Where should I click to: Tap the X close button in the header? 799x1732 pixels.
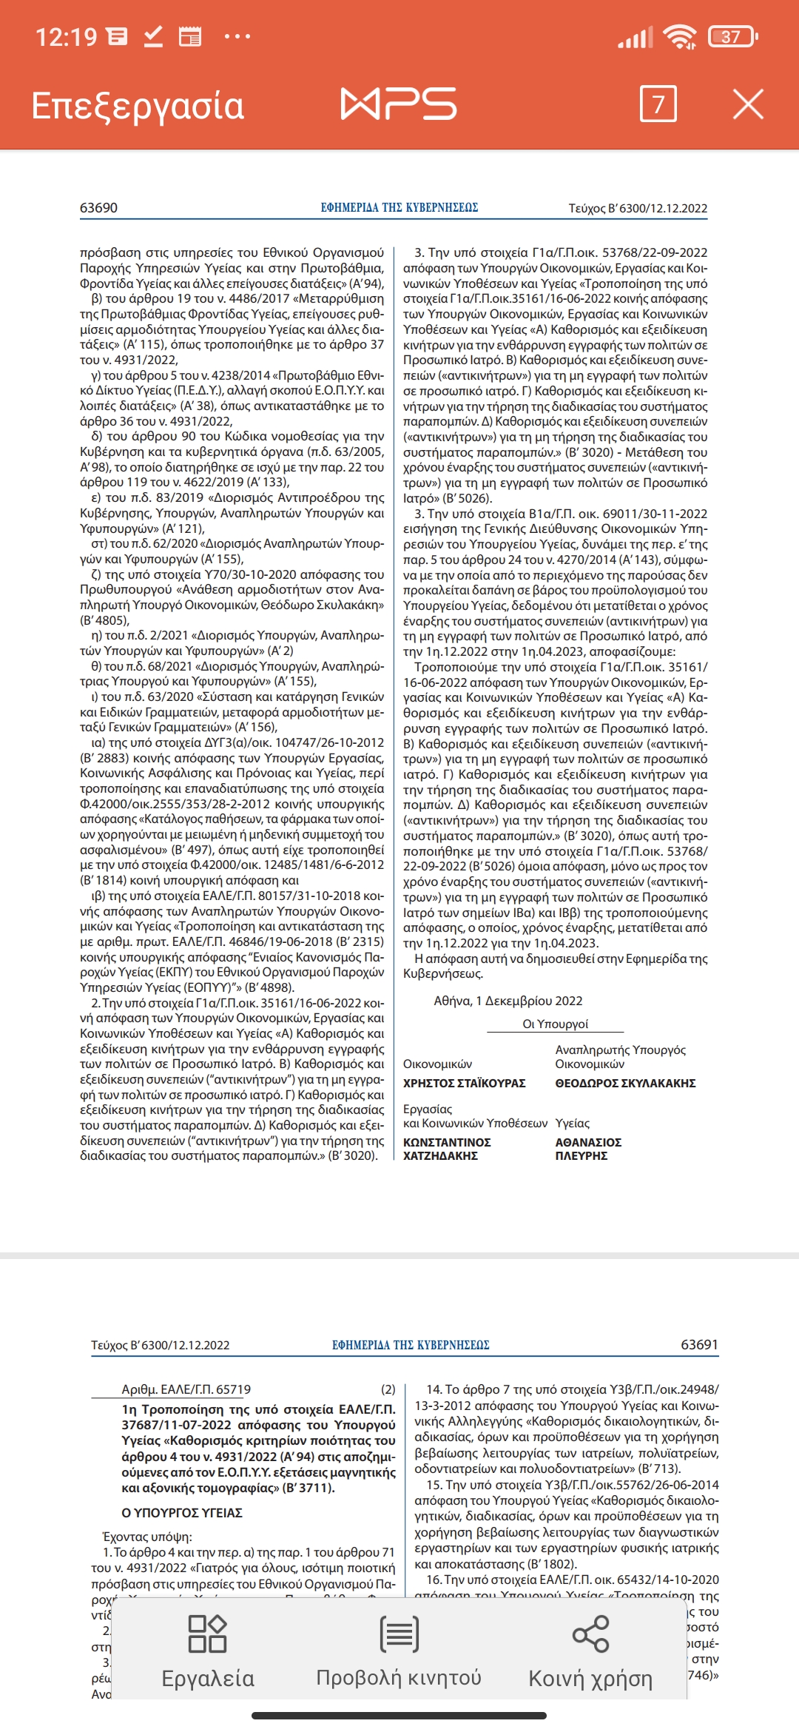(748, 104)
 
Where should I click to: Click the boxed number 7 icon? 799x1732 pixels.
(658, 104)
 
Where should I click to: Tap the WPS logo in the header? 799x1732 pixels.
(398, 104)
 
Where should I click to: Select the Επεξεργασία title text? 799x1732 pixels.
(138, 106)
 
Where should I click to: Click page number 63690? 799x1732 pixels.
(98, 208)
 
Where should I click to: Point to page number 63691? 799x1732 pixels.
(699, 1344)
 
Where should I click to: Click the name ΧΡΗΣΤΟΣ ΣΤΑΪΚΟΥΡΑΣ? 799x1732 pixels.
(464, 1083)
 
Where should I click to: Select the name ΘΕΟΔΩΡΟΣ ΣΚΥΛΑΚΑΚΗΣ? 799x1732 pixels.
(625, 1083)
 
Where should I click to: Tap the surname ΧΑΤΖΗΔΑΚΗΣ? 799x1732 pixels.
(440, 1155)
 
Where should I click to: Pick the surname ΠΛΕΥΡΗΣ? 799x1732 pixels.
(581, 1155)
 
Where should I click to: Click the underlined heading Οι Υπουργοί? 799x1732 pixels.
(555, 1024)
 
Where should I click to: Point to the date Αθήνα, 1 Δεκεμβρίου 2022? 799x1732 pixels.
(508, 1001)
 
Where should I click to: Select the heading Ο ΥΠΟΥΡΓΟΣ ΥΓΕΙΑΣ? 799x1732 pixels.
(182, 1513)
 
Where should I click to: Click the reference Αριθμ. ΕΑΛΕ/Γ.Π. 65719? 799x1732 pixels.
(186, 1389)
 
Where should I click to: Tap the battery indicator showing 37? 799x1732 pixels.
(732, 36)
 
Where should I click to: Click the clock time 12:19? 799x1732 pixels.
(67, 36)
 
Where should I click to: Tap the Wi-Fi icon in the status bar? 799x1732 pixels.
(679, 36)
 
